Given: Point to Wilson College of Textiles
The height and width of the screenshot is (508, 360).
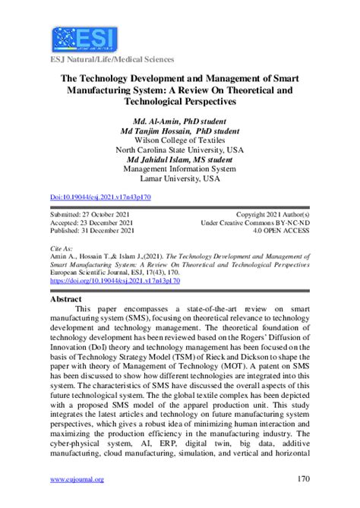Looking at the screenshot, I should point(179,140).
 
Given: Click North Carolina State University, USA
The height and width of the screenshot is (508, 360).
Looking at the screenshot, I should point(179,150).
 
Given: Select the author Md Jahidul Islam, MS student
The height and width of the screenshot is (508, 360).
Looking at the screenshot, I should point(179,159).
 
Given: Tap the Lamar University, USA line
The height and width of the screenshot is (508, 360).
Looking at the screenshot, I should point(179,179).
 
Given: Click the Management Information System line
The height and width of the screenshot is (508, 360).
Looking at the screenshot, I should point(179,169).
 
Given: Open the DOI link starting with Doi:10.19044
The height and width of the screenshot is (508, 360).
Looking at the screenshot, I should point(100,197).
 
